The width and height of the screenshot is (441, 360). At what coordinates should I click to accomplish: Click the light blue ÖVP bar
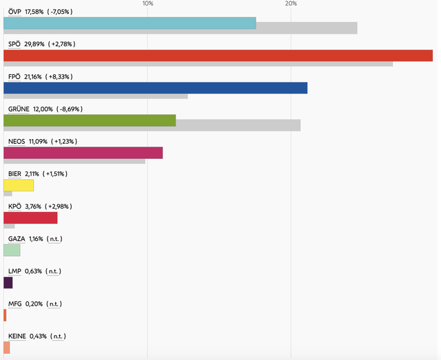click(x=130, y=23)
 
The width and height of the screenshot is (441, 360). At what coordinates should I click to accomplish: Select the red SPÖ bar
click(x=218, y=56)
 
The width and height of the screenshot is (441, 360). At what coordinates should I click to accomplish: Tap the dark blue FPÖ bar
click(x=155, y=88)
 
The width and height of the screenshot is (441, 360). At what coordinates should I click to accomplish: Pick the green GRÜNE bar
click(x=90, y=120)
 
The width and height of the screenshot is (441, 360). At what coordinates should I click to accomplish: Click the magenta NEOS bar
click(x=83, y=153)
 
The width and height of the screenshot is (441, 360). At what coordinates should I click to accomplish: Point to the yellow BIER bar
click(x=19, y=185)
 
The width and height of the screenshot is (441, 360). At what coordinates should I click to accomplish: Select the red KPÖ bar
click(x=30, y=218)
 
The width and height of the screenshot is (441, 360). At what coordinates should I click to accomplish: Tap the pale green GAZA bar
click(x=12, y=250)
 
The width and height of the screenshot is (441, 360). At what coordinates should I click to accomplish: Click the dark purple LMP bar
click(x=8, y=282)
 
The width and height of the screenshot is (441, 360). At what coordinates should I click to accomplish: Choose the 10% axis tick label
click(x=147, y=4)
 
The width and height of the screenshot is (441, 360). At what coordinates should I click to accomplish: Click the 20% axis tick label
click(x=291, y=4)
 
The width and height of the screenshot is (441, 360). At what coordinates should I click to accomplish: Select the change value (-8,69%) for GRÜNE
click(x=78, y=109)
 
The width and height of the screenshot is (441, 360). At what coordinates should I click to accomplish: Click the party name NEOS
click(x=17, y=141)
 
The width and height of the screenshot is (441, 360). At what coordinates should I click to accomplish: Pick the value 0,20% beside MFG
click(x=34, y=304)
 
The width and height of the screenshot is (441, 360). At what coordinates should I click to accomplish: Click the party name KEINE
click(x=17, y=336)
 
